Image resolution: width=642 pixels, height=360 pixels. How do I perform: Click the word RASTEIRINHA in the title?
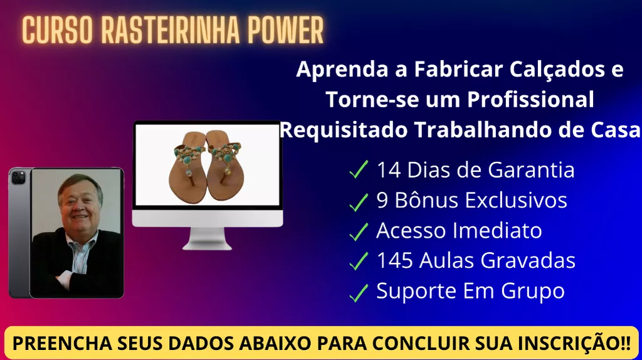pyautogui.click(x=170, y=30)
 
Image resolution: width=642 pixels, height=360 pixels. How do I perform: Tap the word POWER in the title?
pyautogui.click(x=286, y=30)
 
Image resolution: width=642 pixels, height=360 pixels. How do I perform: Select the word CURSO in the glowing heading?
pyautogui.click(x=57, y=30)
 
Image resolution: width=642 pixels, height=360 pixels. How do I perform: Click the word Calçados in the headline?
pyautogui.click(x=557, y=70)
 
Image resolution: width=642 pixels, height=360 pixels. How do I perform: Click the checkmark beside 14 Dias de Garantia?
pyautogui.click(x=359, y=169)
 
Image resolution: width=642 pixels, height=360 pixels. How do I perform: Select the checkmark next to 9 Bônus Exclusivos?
pyautogui.click(x=359, y=202)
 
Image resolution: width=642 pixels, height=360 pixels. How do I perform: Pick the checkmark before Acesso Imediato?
pyautogui.click(x=359, y=231)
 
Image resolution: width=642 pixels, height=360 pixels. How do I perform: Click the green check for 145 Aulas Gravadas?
pyautogui.click(x=359, y=261)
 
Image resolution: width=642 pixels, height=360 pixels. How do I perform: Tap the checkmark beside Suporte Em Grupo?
pyautogui.click(x=359, y=292)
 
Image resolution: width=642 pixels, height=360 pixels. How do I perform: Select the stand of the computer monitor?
pyautogui.click(x=207, y=238)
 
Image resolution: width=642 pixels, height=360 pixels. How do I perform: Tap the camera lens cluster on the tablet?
pyautogui.click(x=18, y=177)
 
